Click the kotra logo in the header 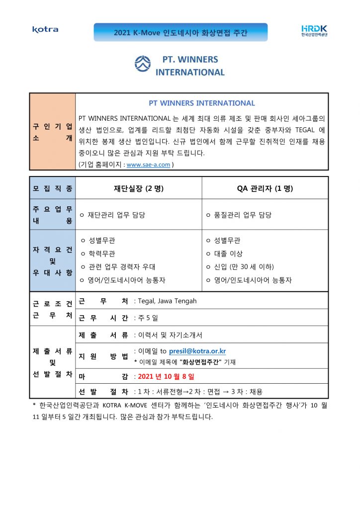coord(45,30)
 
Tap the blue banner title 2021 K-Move coord(180,33)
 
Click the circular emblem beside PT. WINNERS coord(143,64)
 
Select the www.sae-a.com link coord(148,165)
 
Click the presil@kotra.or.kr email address coord(197,351)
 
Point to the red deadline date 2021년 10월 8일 coord(166,376)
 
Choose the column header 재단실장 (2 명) coord(139,188)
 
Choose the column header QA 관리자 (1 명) coord(265,188)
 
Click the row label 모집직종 coord(52,188)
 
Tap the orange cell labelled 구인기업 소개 coord(52,131)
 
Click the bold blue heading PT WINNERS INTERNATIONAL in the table coord(202,103)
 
